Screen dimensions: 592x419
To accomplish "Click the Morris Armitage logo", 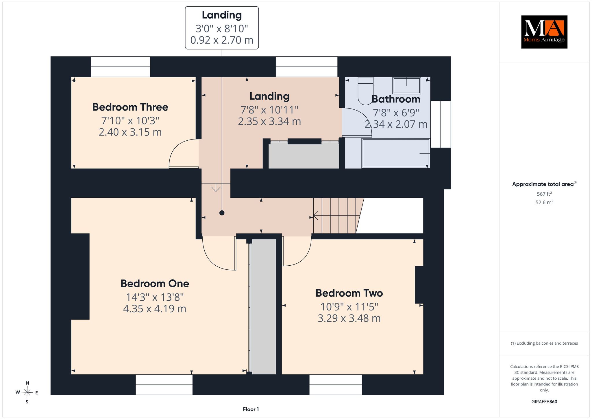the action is coord(544,32).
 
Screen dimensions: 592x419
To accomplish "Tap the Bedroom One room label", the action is coord(155,284).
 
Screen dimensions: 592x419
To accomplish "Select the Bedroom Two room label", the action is coord(349,293).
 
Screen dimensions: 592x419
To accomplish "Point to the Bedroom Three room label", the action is coord(130,107).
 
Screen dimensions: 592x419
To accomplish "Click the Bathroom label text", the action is coord(396,99).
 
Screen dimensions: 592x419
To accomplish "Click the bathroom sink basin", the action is coord(406,85).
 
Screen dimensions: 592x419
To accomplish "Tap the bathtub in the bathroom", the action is coord(396,153).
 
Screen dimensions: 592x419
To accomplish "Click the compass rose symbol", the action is coord(27,392).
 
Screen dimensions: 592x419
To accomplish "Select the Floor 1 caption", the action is coord(251,409).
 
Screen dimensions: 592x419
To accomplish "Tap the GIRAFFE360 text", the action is coord(544,402).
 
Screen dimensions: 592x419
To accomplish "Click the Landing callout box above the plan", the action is coord(222,28).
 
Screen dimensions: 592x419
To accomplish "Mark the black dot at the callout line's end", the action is coord(222,213).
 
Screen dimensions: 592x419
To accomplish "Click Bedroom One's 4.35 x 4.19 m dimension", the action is coord(155,309).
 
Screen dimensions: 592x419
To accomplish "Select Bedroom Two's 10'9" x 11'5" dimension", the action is coord(349,306).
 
